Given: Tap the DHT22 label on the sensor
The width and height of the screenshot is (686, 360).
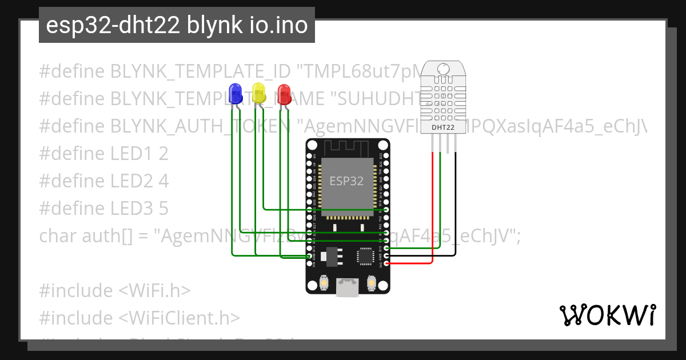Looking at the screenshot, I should click(x=444, y=127).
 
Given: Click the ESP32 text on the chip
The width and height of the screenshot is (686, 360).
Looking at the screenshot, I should click(x=346, y=181).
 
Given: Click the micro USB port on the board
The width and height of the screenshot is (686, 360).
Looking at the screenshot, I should click(x=348, y=287).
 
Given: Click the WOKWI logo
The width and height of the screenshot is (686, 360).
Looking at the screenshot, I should click(x=607, y=315).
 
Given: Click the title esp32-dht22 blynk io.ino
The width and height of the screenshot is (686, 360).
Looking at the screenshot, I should click(x=177, y=25).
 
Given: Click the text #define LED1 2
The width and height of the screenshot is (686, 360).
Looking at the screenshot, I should click(x=103, y=154).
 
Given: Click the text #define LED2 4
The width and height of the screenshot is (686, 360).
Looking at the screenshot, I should click(x=103, y=181).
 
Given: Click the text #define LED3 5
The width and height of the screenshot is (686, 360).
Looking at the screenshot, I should click(x=103, y=209).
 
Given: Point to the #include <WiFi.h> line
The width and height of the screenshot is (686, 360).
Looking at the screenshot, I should click(x=114, y=290).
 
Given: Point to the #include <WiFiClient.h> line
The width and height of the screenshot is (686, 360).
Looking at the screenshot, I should click(x=139, y=318).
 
